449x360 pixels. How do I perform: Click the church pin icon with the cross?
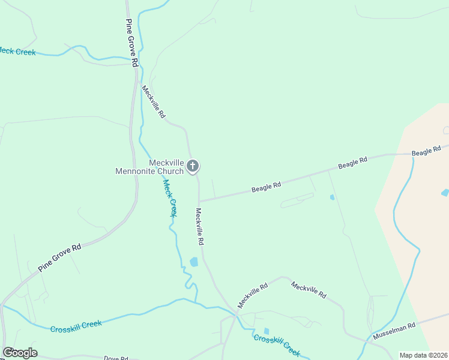click(193, 166)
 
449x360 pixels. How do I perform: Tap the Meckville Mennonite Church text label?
click(149, 167)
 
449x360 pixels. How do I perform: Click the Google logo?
click(20, 353)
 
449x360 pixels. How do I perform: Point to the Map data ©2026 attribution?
click(423, 355)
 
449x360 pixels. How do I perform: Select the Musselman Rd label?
click(394, 331)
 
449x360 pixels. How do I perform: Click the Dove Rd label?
click(116, 358)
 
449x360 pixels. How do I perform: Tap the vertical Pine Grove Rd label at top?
click(132, 43)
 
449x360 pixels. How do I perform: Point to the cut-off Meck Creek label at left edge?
click(17, 52)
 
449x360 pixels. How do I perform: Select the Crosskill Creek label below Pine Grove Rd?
click(76, 326)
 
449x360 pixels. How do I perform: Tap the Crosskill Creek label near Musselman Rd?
click(276, 345)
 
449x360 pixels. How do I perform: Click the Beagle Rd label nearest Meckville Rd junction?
click(267, 187)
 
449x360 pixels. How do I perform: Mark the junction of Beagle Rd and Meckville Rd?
click(199, 201)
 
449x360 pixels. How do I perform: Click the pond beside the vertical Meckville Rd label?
click(194, 262)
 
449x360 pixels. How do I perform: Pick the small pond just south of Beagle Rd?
click(332, 197)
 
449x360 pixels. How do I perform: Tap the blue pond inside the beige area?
click(444, 193)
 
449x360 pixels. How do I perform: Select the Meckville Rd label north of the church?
click(153, 101)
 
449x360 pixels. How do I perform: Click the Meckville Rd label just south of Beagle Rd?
click(200, 226)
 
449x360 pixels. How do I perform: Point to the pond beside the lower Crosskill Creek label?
click(266, 331)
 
